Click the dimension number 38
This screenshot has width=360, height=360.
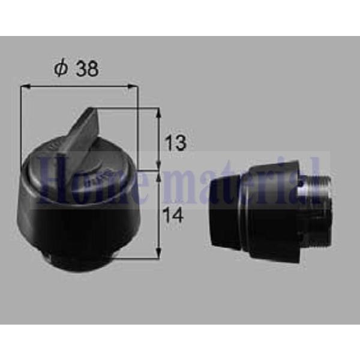pos(86,69)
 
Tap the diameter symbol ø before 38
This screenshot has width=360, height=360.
pos(61,69)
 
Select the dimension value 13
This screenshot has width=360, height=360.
pos(176,143)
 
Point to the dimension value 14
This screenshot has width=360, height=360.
pos(175,215)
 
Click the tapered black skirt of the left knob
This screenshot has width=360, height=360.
pos(78,222)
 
